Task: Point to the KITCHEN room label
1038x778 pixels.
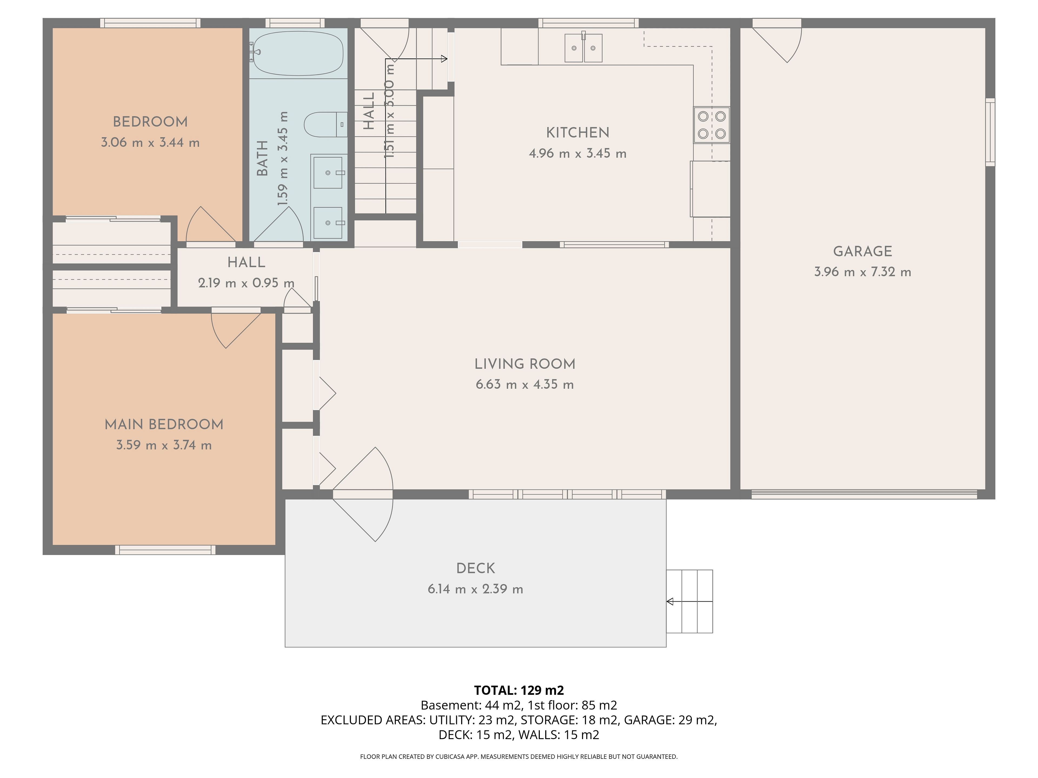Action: coord(578,133)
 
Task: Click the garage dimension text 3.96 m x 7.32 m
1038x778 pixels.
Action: coord(863,272)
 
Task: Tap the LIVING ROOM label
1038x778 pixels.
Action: coord(525,364)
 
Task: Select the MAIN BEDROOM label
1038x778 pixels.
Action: coord(164,424)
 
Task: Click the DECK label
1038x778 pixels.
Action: coord(475,568)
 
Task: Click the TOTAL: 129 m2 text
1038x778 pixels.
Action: coord(519,690)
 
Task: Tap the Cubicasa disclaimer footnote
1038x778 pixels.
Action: coord(519,756)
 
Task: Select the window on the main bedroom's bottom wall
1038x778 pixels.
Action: coord(165,550)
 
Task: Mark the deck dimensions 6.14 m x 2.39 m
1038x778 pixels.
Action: coord(475,589)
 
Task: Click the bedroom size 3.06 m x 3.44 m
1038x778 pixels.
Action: coord(150,143)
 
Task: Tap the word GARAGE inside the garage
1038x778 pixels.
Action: coord(863,251)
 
